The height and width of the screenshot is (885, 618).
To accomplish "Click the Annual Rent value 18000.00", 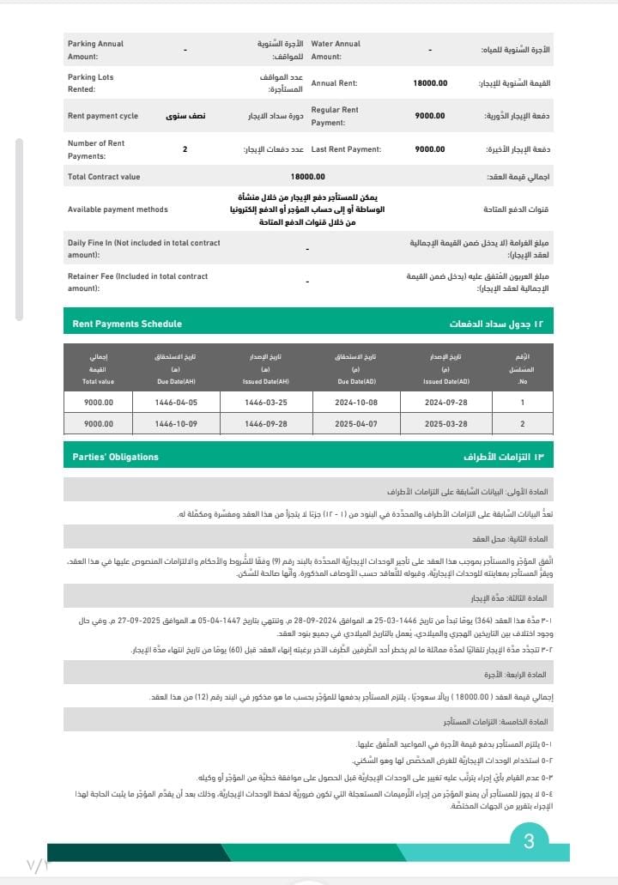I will (430, 83).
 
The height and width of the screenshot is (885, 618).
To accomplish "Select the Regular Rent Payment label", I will (334, 116).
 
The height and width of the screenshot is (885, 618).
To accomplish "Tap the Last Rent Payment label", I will (346, 149).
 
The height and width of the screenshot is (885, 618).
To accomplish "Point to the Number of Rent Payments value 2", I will (185, 149).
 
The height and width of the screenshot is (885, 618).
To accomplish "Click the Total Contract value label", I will (103, 177).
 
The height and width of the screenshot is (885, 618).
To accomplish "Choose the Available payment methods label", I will (118, 209).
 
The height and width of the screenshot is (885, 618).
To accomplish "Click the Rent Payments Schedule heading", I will (127, 324).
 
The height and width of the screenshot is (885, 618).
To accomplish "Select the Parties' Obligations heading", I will (115, 457).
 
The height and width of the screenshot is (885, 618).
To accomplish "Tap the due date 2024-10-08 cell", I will (356, 402).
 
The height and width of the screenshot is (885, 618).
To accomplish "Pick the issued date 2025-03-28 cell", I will (445, 424).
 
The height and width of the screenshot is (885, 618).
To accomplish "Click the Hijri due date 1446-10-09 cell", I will (176, 424).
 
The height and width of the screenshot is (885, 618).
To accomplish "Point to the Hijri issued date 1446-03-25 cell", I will (266, 402).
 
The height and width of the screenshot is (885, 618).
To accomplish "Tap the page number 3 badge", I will (529, 842).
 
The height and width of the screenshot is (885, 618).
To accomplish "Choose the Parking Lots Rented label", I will (90, 83).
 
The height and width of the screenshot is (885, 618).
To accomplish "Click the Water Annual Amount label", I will (335, 50).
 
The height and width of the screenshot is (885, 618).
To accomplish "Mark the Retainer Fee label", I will (137, 282).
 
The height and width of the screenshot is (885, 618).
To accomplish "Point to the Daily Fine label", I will (143, 249).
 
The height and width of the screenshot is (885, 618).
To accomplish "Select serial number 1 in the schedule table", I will (522, 402).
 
